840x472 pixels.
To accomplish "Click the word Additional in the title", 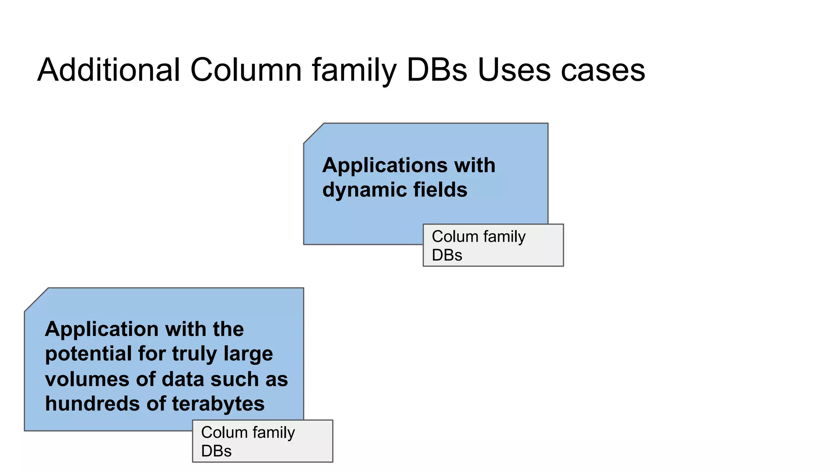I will click(x=109, y=70).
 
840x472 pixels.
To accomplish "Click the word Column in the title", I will click(x=246, y=70).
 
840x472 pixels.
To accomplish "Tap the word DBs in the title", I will click(x=436, y=70).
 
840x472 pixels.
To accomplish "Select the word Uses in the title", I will click(x=514, y=70).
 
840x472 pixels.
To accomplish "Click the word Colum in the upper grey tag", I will click(x=455, y=237).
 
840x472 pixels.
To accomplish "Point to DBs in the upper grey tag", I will click(x=447, y=255).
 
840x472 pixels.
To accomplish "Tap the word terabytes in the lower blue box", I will click(x=218, y=404).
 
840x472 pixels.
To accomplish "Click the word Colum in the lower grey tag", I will click(x=224, y=433).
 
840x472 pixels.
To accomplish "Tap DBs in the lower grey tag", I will click(x=216, y=451).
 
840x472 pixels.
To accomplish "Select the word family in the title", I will click(x=354, y=70).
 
